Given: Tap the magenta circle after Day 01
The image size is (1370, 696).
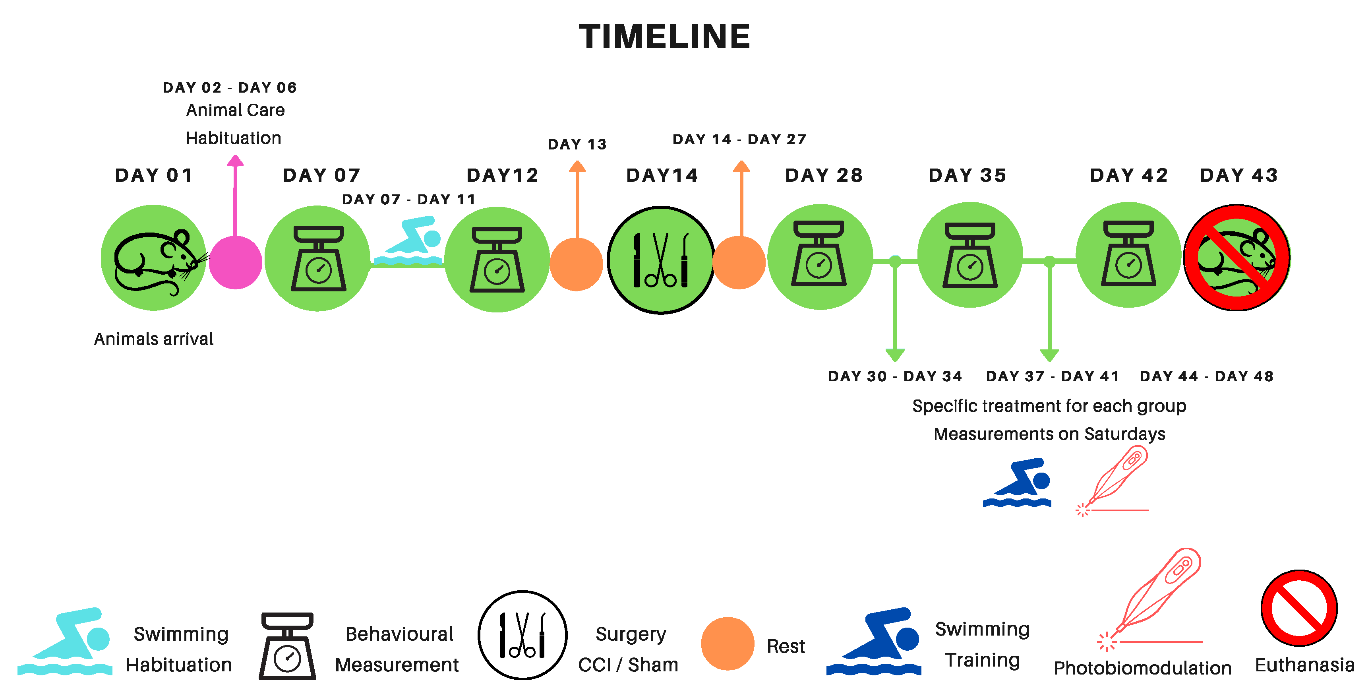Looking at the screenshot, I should point(236,262).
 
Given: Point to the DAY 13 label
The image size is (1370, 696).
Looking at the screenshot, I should point(577,145).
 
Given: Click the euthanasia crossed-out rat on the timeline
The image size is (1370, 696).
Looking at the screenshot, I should point(1236,258).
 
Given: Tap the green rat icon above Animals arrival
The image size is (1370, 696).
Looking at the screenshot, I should point(154,258).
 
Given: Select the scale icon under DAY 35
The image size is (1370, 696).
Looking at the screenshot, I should point(970,256).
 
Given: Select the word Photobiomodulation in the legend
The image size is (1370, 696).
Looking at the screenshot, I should point(1142,668).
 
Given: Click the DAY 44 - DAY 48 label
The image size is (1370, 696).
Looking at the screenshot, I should point(1207,377).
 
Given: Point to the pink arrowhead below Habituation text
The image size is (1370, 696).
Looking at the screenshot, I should point(235,160).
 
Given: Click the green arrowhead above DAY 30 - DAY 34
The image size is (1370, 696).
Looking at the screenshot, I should point(895,355).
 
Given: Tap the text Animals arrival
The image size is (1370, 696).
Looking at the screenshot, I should point(154,339).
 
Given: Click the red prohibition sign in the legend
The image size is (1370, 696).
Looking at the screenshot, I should point(1299,608).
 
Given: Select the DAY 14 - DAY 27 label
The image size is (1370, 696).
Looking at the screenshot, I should point(739,140).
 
